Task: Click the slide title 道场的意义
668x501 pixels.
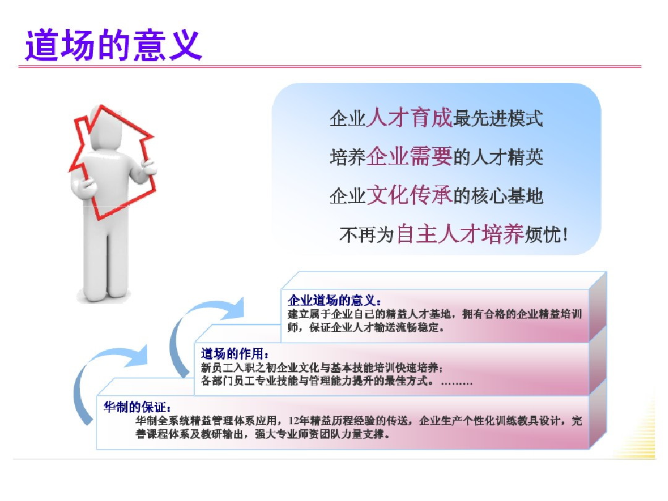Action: pos(113,45)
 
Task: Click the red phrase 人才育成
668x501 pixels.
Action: pos(409,118)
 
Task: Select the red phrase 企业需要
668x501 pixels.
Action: pos(409,156)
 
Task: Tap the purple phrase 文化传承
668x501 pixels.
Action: pos(409,195)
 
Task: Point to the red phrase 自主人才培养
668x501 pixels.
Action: pos(460,234)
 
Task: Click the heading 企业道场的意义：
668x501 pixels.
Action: pos(335,301)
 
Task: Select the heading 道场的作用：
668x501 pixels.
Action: pos(235,354)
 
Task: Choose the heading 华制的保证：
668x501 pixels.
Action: pos(137,407)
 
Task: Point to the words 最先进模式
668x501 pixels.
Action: pos(498,118)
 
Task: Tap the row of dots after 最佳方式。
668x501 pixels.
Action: pos(456,383)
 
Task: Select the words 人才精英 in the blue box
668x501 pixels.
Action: pos(507,157)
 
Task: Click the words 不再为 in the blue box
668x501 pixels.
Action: pos(366,235)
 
